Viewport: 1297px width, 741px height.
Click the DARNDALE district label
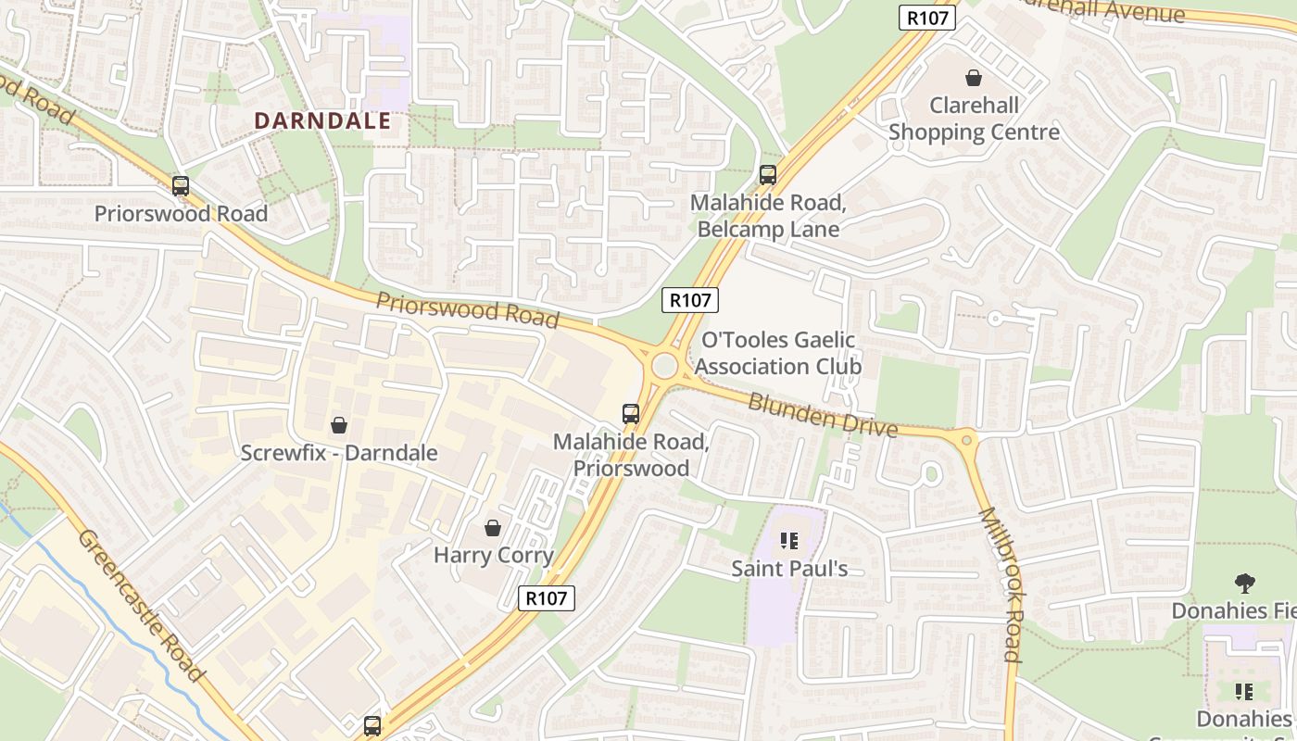point(322,120)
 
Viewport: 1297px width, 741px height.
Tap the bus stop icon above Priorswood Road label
point(181,186)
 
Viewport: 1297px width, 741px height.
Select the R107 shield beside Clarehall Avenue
point(926,18)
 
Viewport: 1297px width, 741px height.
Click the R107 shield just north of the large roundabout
point(690,299)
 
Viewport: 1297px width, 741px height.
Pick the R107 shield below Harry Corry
point(546,598)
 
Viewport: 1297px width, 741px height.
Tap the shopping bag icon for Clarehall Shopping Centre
point(974,78)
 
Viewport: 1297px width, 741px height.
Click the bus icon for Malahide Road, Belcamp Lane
point(768,174)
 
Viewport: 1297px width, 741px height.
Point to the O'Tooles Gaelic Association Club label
point(778,353)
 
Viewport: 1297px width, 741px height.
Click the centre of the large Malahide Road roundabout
point(664,366)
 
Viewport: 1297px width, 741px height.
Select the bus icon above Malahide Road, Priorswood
point(631,414)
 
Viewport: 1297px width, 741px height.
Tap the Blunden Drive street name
point(823,415)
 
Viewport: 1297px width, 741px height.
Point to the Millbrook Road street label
point(1001,584)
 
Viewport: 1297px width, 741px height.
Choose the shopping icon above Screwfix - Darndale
point(339,425)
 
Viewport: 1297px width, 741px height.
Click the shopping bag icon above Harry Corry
point(493,528)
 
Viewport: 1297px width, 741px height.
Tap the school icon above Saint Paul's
point(789,540)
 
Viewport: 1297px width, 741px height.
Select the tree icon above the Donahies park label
point(1244,583)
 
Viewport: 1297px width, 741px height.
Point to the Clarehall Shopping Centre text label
point(974,119)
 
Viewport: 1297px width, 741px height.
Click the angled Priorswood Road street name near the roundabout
point(468,310)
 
